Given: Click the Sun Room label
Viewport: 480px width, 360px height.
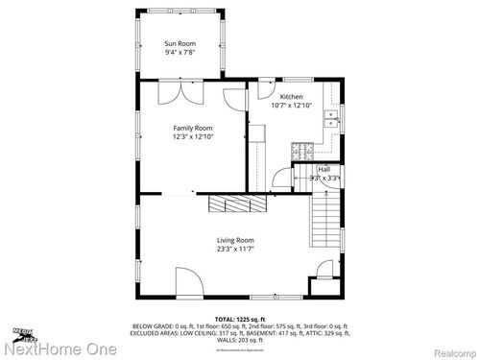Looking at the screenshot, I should click(180, 44).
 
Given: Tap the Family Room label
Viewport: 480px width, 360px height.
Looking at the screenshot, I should click(192, 128).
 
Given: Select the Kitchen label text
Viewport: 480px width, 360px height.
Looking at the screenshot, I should click(292, 97).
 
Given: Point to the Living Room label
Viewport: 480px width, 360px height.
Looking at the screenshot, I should click(235, 240).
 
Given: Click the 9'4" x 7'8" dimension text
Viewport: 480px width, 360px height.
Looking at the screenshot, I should click(180, 54).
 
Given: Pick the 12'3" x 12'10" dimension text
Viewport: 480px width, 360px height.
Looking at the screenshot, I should click(192, 136).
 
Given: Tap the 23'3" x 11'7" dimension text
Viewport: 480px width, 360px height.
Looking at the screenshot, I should click(235, 250).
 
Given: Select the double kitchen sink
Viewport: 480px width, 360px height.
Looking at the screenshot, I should click(331, 119).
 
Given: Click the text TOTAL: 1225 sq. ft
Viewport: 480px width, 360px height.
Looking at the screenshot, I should click(240, 317).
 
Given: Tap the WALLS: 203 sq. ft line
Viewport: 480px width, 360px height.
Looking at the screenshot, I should click(240, 340).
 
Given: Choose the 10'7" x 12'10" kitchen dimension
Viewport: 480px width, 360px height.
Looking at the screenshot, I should click(292, 106).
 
